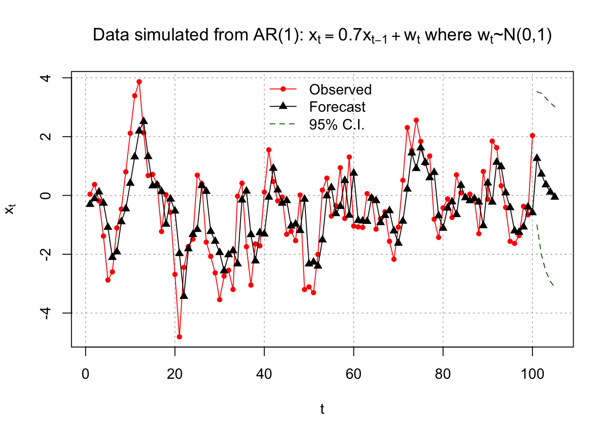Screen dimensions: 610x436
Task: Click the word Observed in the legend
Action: pyautogui.click(x=340, y=89)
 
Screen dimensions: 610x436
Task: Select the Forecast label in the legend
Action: pyautogui.click(x=337, y=107)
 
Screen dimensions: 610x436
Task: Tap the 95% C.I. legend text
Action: pyautogui.click(x=337, y=125)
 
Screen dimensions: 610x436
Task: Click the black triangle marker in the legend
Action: pyautogui.click(x=283, y=106)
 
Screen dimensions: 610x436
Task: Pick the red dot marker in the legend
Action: pyautogui.click(x=283, y=89)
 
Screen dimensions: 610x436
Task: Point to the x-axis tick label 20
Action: pyautogui.click(x=175, y=374)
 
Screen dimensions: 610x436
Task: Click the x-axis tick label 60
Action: pyautogui.click(x=354, y=374)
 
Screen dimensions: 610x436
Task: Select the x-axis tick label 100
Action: pyautogui.click(x=532, y=374)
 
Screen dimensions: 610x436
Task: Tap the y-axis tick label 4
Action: pyautogui.click(x=46, y=78)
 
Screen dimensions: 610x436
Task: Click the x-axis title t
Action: pyautogui.click(x=322, y=409)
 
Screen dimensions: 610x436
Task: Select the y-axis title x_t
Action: pyautogui.click(x=10, y=209)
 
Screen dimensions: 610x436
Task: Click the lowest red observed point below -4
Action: pyautogui.click(x=179, y=337)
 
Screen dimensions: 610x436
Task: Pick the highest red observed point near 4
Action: pyautogui.click(x=139, y=82)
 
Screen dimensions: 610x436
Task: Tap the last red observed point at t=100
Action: pyautogui.click(x=532, y=136)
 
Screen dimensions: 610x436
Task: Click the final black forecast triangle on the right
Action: pyautogui.click(x=555, y=196)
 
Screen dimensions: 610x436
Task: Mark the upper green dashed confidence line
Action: pyautogui.click(x=546, y=99)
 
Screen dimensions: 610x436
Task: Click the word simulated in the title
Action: pyautogui.click(x=171, y=35)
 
